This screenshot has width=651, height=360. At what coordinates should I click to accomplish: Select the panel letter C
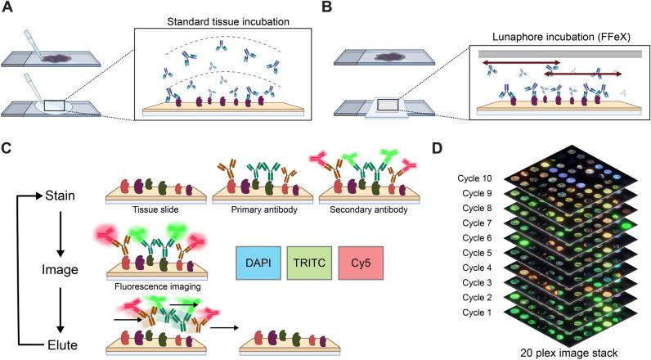pos(8,149)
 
